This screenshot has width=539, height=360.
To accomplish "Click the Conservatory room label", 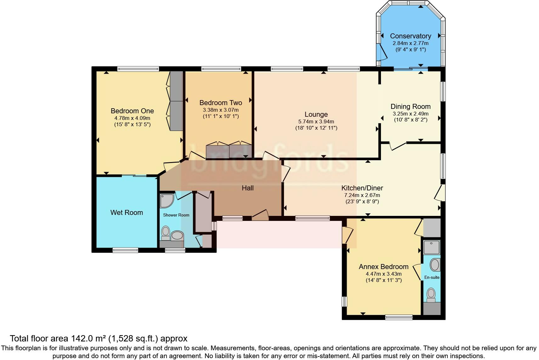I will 411,36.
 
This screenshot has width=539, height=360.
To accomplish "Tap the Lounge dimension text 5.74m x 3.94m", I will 316,121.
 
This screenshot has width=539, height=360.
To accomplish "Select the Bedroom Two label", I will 221,103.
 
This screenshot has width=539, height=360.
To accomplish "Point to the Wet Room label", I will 127,213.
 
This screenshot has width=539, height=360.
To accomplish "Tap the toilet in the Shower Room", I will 165,233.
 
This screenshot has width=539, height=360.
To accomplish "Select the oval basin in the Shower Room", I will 178,235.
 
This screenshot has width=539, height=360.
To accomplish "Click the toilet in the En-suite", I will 431,295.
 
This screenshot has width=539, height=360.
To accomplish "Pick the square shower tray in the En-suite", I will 432,247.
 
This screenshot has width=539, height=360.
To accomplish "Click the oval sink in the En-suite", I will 435,265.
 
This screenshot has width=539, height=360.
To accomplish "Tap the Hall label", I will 248,188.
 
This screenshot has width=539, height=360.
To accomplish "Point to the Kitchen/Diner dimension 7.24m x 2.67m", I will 362,195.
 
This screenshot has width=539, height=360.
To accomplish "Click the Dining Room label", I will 411,107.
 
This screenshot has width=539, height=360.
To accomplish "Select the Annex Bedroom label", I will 383,267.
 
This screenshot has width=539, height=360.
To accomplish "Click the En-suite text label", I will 432,277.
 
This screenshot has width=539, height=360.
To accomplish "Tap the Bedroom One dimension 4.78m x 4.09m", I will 132,118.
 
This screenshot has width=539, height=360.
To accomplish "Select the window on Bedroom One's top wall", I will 138,68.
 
